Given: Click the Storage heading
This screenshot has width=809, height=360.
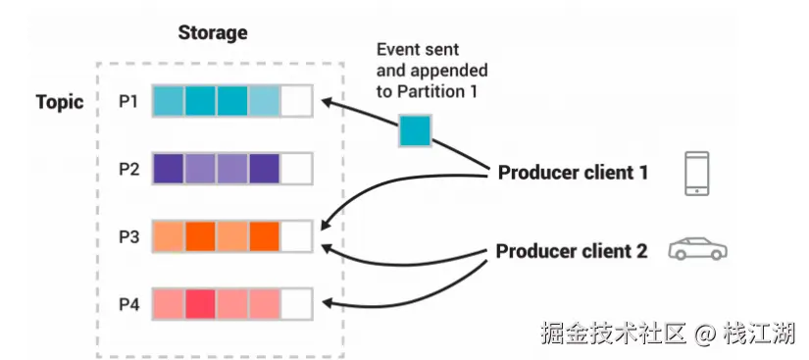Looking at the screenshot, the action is [x=213, y=32].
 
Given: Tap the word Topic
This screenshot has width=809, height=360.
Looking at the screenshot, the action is [x=60, y=102].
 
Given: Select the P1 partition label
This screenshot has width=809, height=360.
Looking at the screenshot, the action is [x=129, y=101].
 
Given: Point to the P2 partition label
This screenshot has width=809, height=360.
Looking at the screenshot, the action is [x=129, y=169].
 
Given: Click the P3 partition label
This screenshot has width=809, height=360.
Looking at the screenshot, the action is [x=129, y=236].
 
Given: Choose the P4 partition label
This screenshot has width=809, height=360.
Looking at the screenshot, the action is [x=129, y=304].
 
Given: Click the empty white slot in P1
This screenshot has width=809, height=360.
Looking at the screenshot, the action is [x=296, y=101].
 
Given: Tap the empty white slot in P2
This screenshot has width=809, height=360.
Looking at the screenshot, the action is [x=296, y=169].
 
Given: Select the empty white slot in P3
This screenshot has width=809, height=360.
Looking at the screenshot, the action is [x=296, y=236].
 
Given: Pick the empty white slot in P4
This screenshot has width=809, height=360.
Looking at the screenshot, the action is [x=296, y=304].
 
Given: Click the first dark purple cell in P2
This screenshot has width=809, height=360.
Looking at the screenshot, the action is [x=169, y=169].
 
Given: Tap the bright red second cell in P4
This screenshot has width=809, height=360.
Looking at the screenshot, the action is [x=200, y=304].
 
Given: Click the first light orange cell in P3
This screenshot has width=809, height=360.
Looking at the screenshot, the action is [x=169, y=236].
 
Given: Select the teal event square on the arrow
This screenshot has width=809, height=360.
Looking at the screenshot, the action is [x=414, y=131].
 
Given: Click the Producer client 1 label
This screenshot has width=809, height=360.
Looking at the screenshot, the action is [x=573, y=173].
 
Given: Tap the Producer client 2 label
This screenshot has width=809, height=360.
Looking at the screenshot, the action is [x=572, y=251].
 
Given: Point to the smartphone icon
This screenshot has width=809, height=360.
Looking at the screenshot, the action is [x=696, y=174].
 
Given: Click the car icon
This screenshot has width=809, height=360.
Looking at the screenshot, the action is [x=697, y=248].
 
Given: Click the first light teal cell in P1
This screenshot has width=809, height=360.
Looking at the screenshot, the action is [x=169, y=101].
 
